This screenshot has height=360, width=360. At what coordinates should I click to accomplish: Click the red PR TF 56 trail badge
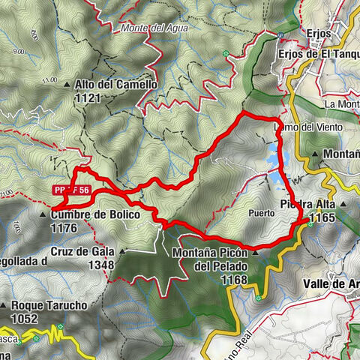(x=72, y=191)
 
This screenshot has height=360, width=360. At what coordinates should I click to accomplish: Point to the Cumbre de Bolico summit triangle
(x=43, y=214)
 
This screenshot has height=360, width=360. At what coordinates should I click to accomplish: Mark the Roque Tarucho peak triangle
(x=4, y=305)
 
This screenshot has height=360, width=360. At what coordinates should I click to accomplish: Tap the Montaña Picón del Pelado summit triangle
(x=255, y=253)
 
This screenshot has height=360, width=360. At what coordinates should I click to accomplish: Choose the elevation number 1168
(x=214, y=279)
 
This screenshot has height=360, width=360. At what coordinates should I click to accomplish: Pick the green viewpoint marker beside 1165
(x=310, y=224)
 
